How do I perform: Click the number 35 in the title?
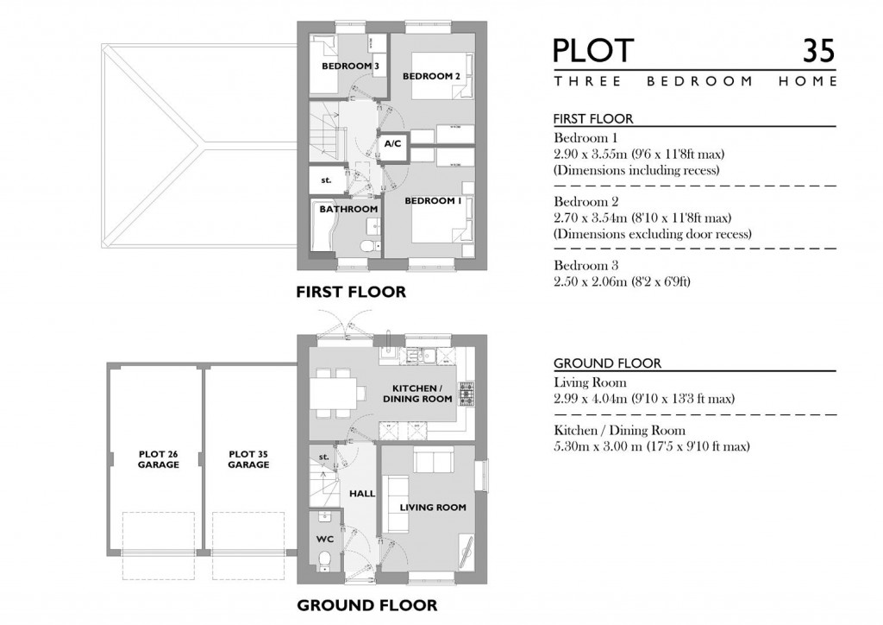click(817, 50)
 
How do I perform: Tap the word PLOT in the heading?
click(593, 50)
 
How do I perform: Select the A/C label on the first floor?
click(392, 142)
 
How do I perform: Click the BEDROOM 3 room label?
click(349, 66)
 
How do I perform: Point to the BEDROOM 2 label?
click(431, 77)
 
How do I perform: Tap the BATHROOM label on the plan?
click(348, 209)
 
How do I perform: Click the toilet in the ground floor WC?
click(325, 563)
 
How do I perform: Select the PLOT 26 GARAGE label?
click(158, 459)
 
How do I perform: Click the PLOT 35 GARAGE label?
click(248, 459)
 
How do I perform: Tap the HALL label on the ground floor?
click(362, 494)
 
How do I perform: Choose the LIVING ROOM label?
click(432, 508)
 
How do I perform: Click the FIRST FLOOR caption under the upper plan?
click(350, 293)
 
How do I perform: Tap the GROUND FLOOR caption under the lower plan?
click(366, 605)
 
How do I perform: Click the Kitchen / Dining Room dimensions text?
click(651, 446)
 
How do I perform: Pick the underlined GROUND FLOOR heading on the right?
click(595, 363)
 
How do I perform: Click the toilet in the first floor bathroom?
click(369, 247)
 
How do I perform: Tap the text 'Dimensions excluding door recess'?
click(653, 234)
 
